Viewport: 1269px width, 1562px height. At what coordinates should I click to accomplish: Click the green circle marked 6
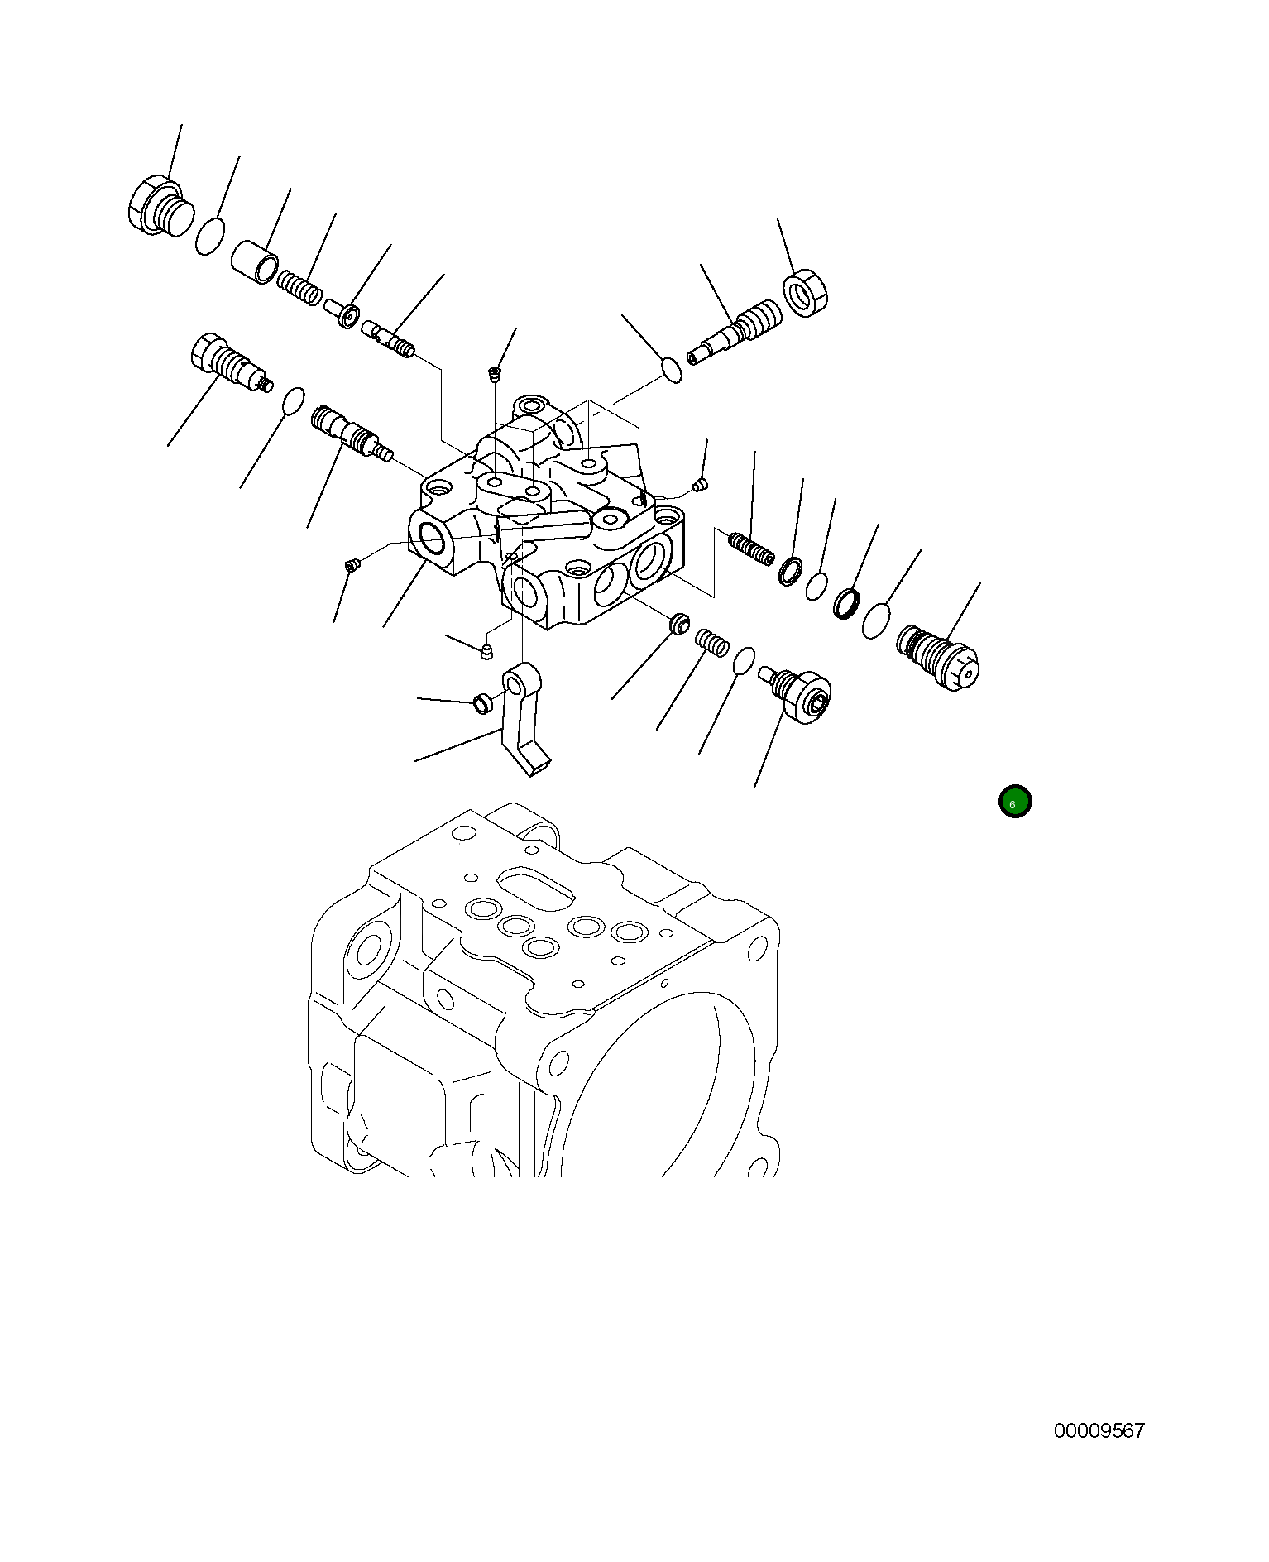[1014, 802]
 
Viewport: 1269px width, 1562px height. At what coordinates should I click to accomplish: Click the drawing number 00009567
[1099, 1430]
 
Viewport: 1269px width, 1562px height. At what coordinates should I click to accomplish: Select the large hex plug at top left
[160, 207]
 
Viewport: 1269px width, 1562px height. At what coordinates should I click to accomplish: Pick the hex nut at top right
[805, 293]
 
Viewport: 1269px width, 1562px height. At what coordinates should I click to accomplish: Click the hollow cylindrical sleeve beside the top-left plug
[254, 261]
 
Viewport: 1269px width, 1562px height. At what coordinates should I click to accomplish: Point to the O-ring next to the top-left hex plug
[210, 237]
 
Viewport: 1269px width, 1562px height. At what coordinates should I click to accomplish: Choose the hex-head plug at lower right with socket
[802, 693]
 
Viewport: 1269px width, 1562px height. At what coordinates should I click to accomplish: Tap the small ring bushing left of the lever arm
[481, 704]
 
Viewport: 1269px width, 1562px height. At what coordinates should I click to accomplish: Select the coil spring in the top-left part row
[299, 287]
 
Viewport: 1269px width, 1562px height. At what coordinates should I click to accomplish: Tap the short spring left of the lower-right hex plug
[711, 641]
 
